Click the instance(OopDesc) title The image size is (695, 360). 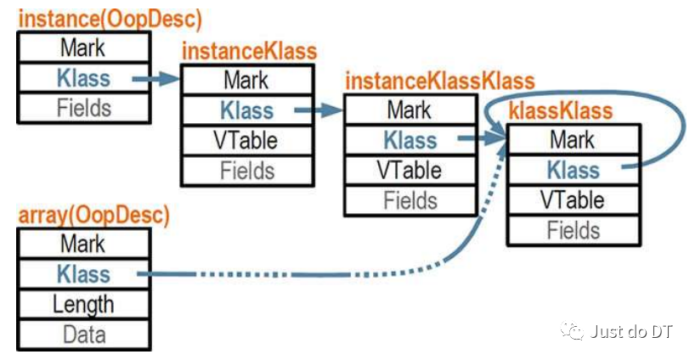click(x=110, y=20)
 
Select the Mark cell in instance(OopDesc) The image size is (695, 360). click(x=84, y=48)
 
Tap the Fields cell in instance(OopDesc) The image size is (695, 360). click(x=84, y=108)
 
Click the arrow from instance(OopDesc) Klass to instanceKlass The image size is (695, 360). click(x=156, y=79)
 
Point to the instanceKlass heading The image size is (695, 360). click(x=250, y=51)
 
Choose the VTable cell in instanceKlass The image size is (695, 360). click(x=247, y=140)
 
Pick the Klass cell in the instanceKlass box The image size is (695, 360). click(x=247, y=110)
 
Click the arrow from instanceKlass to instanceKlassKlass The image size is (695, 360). click(x=319, y=110)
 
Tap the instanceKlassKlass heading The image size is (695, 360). click(x=440, y=81)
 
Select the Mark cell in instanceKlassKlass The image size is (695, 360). click(x=410, y=110)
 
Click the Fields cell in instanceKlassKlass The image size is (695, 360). click(x=410, y=200)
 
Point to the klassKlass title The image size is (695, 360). click(x=561, y=110)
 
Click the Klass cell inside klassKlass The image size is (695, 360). click(x=574, y=170)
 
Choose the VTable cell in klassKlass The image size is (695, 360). click(x=574, y=200)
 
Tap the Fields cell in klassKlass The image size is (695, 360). click(x=574, y=230)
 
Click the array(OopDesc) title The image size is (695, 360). click(x=94, y=215)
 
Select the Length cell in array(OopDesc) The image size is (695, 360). click(x=84, y=304)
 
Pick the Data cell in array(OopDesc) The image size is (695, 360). click(x=84, y=335)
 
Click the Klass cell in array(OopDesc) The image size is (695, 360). click(x=84, y=274)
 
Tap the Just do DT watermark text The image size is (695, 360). click(x=631, y=331)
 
